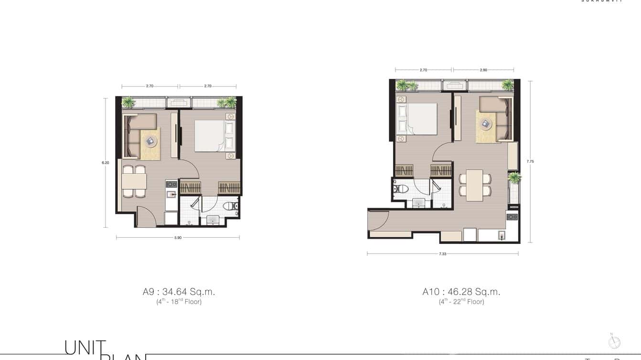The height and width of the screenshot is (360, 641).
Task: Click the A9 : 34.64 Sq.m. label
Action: pyautogui.click(x=179, y=291)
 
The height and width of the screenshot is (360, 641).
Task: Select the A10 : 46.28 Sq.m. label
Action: pyautogui.click(x=461, y=291)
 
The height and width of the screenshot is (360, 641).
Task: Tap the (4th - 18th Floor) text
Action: pyautogui.click(x=179, y=302)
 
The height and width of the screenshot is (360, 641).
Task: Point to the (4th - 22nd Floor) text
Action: pyautogui.click(x=461, y=302)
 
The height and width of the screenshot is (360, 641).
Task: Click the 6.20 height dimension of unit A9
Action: pyautogui.click(x=105, y=163)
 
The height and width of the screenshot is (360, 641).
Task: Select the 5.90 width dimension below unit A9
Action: pyautogui.click(x=178, y=237)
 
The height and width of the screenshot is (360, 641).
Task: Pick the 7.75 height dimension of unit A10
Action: pyautogui.click(x=530, y=161)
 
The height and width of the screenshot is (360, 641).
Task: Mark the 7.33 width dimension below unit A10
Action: pyautogui.click(x=442, y=254)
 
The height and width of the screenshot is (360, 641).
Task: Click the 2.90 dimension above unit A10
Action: pyautogui.click(x=483, y=70)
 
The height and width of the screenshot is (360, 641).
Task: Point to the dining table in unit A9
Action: pyautogui.click(x=134, y=181)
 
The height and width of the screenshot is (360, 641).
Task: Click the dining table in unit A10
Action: pyautogui.click(x=475, y=185)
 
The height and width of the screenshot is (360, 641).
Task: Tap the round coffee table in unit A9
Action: pyautogui.click(x=150, y=141)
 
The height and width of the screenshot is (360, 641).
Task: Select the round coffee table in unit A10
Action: pyautogui.click(x=486, y=124)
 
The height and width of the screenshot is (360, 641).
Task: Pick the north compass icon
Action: pyautogui.click(x=614, y=342)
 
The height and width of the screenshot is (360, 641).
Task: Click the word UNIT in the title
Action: pyautogui.click(x=85, y=348)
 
